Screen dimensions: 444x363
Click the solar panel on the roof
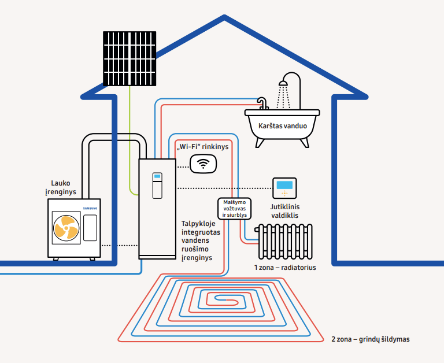click(129, 58)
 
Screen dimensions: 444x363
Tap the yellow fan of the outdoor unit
click(66, 228)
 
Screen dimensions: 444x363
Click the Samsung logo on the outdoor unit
click(90, 209)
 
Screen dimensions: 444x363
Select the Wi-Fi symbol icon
click(203, 164)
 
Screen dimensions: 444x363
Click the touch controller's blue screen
click(284, 185)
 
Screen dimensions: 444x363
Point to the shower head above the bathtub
click(283, 83)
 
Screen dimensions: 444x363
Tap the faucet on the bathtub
click(263, 103)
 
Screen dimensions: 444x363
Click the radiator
click(285, 241)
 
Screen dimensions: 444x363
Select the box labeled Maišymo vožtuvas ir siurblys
click(235, 209)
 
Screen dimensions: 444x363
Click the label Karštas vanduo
click(283, 125)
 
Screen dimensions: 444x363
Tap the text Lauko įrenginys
click(61, 187)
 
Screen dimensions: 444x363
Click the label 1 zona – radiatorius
click(285, 268)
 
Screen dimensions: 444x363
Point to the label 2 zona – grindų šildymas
click(371, 339)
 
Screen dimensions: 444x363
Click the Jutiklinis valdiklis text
click(284, 211)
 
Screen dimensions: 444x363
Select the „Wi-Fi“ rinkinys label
click(202, 147)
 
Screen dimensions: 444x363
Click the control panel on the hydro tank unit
click(157, 186)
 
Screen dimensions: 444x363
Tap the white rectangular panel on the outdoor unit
click(90, 228)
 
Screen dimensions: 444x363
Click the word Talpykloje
click(198, 224)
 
